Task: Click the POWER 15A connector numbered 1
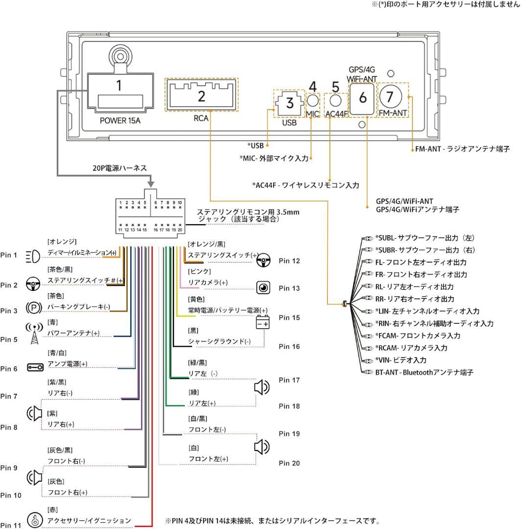tap(119, 94)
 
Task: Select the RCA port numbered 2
tap(201, 95)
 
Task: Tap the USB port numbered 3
tap(289, 103)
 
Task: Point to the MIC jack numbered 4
tap(313, 101)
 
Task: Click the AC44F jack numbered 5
tap(335, 101)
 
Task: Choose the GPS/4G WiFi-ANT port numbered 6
tap(362, 97)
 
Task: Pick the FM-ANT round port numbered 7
tap(390, 96)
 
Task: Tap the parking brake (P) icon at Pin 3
tap(33, 308)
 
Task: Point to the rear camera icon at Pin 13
tap(263, 288)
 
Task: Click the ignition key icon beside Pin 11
tap(34, 520)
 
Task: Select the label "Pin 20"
tap(289, 463)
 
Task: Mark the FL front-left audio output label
tap(421, 263)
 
